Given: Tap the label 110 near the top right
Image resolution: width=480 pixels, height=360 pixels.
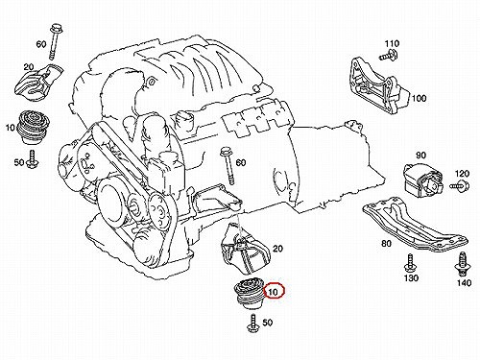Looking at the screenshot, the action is pyautogui.click(x=392, y=43).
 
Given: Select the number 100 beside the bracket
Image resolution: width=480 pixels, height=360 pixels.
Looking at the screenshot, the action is pyautogui.click(x=419, y=98).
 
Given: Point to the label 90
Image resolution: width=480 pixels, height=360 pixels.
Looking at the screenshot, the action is pyautogui.click(x=420, y=156).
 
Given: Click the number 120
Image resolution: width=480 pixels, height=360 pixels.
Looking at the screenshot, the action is pyautogui.click(x=462, y=174).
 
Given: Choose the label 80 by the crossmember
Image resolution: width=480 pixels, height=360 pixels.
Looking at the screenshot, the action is pyautogui.click(x=386, y=244).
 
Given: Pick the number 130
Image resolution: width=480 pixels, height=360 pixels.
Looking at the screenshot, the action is pyautogui.click(x=411, y=278).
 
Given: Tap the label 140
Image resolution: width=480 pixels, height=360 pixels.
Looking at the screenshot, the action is pyautogui.click(x=464, y=283).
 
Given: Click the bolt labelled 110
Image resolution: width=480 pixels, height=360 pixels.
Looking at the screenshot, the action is pyautogui.click(x=389, y=56).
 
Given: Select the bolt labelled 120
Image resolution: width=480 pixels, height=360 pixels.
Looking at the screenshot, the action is pyautogui.click(x=460, y=185).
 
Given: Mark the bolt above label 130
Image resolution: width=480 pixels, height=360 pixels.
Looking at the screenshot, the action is pyautogui.click(x=410, y=263).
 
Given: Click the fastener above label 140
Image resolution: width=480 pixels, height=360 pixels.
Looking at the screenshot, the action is pyautogui.click(x=462, y=264).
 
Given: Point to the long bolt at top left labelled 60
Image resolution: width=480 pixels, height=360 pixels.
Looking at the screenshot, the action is pyautogui.click(x=54, y=41).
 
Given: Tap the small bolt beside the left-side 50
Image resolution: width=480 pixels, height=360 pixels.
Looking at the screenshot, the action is pyautogui.click(x=32, y=158).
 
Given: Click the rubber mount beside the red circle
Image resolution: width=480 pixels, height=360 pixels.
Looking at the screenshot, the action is pyautogui.click(x=250, y=295).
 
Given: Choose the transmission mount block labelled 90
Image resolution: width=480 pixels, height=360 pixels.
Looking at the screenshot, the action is pyautogui.click(x=422, y=179).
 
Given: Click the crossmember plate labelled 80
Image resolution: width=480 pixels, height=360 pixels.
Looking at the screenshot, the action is pyautogui.click(x=416, y=225).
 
